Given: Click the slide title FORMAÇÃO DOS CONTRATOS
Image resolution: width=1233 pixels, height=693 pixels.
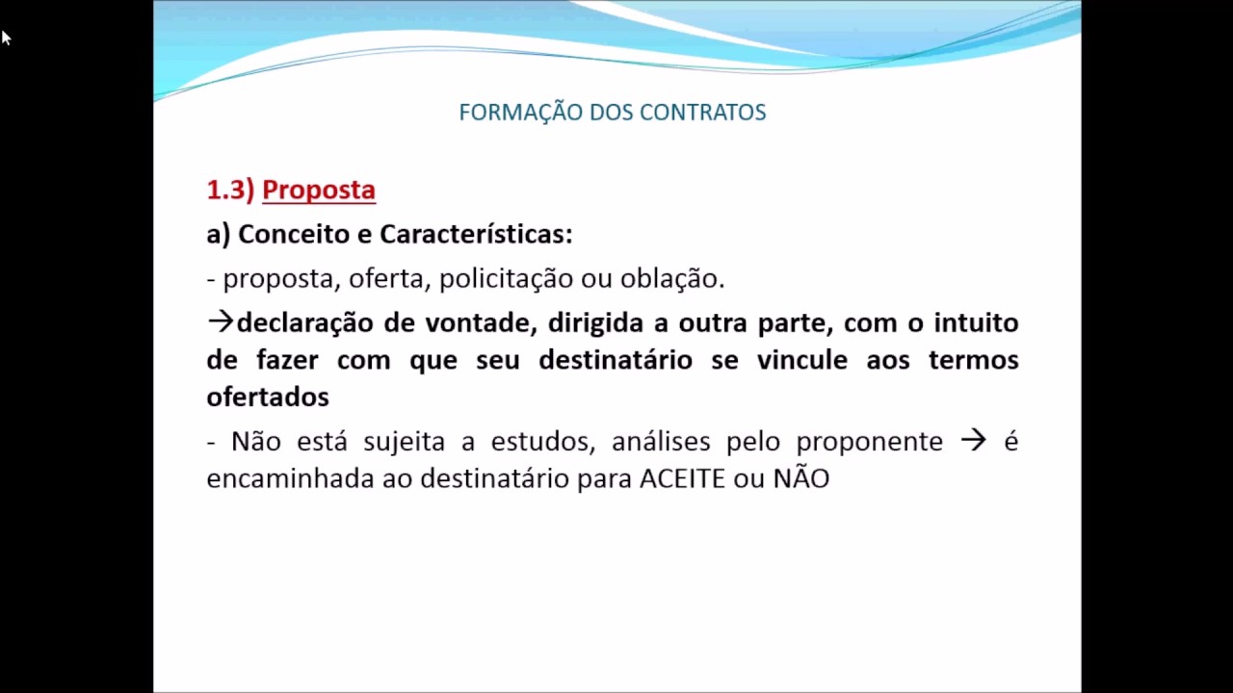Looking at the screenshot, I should coord(613,112).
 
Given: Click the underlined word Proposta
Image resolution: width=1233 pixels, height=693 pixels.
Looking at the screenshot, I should coord(318,190).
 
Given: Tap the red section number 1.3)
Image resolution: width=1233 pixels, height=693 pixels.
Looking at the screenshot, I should coord(229,190).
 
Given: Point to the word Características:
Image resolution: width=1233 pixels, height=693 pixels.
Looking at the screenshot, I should coord(476,234).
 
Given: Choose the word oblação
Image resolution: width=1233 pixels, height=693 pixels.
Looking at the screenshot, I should coord(671,279).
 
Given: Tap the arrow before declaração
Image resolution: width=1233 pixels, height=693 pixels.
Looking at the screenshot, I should coord(221,321).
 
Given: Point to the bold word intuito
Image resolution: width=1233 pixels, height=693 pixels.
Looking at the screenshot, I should coord(976,322).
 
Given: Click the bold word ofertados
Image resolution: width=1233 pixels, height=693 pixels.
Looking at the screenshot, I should coord(268,397).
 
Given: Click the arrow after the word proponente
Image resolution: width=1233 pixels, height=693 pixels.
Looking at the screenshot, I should coord(973,440).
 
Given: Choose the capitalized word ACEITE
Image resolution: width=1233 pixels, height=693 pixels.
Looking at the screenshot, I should coord(682,478).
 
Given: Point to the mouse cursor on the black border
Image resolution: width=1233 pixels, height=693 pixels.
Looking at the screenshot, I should coord(5,38).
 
